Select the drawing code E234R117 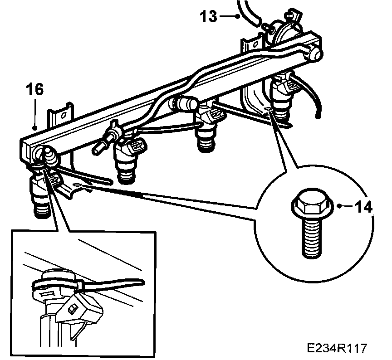pos(336,348)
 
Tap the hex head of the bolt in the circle pos(309,206)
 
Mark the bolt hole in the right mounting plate pos(269,109)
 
